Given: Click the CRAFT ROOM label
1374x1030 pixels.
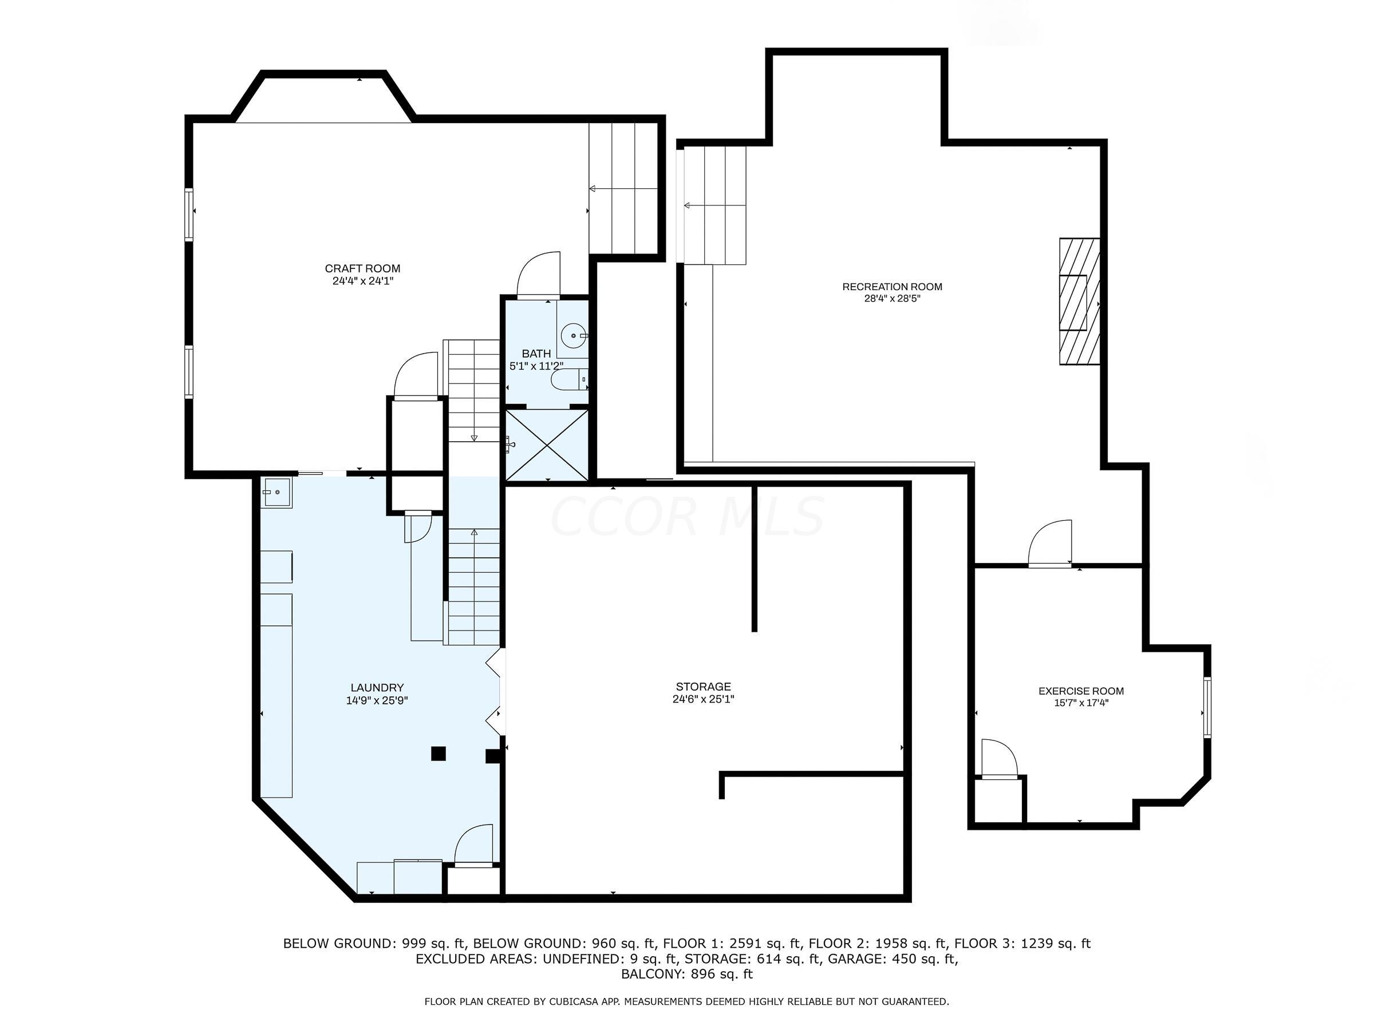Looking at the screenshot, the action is coord(363,269).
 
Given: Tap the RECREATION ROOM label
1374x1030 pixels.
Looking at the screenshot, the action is coord(892,287).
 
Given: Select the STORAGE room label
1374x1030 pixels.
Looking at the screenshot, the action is coord(703,687).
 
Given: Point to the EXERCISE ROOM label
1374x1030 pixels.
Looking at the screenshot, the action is coord(1081,691).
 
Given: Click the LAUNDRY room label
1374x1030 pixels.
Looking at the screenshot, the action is coord(377,688).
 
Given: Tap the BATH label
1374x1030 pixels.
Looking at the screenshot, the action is coord(536,354).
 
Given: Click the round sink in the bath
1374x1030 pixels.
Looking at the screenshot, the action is coord(572,336).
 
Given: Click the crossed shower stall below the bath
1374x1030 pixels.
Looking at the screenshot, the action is coord(547,445).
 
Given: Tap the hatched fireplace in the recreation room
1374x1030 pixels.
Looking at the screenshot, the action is coord(1080,302).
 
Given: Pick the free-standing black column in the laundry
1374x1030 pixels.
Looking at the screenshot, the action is coord(439,753).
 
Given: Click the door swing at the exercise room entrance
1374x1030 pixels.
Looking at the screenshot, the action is coord(1051,543).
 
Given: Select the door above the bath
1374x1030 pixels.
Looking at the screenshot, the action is coord(539,275).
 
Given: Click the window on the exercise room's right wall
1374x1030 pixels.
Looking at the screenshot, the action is coord(1207,707).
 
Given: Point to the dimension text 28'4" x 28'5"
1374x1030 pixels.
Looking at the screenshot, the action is coord(892,299).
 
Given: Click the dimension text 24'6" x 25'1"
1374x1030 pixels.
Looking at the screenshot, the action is coord(703,699).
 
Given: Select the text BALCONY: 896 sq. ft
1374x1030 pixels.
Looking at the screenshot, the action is coord(687,974).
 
